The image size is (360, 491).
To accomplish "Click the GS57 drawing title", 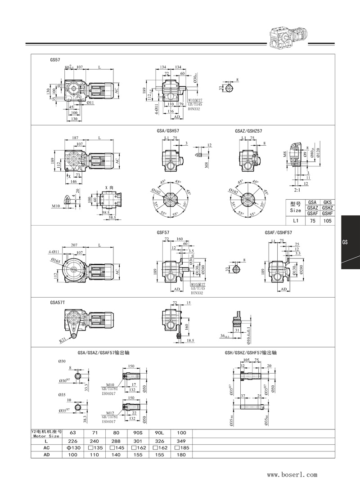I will pyautogui.click(x=55, y=59).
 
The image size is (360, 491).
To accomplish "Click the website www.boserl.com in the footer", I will pyautogui.click(x=292, y=474).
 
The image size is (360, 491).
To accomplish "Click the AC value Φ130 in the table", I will pyautogui.click(x=72, y=448).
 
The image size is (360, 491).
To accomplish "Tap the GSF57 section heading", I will pyautogui.click(x=162, y=232).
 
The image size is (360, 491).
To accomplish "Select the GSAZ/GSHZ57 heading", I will pyautogui.click(x=248, y=131).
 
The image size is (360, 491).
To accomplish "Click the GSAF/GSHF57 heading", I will pyautogui.click(x=279, y=232).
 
